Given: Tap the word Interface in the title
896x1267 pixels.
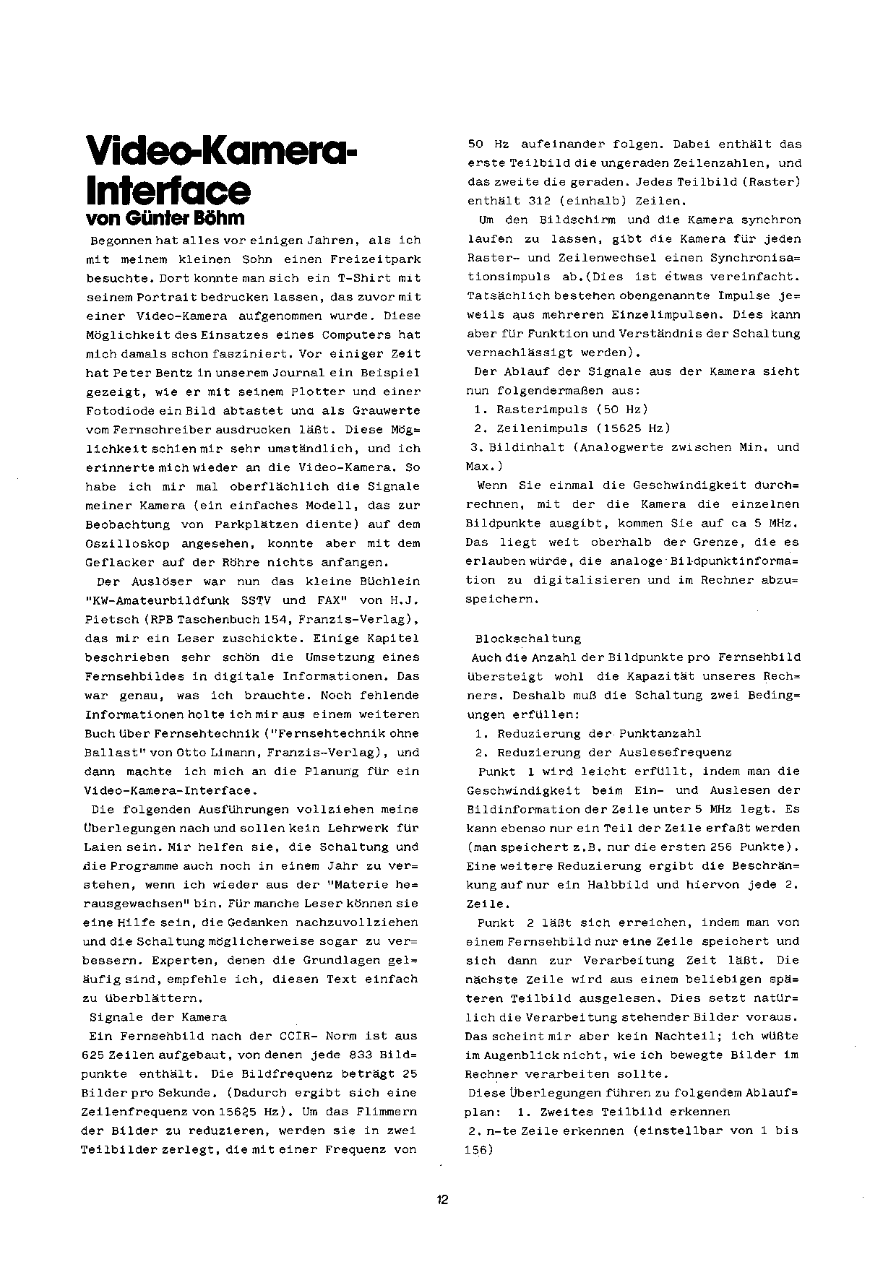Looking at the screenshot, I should tap(168, 189).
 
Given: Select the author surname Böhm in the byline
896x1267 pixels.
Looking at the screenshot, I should tap(221, 217).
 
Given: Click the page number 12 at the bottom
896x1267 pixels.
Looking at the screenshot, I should tap(442, 1200).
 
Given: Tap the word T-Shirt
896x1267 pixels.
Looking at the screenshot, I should tap(364, 277).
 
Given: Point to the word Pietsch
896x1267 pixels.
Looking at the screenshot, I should tap(109, 619).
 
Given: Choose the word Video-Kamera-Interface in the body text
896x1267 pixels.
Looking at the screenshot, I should tap(168, 790).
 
